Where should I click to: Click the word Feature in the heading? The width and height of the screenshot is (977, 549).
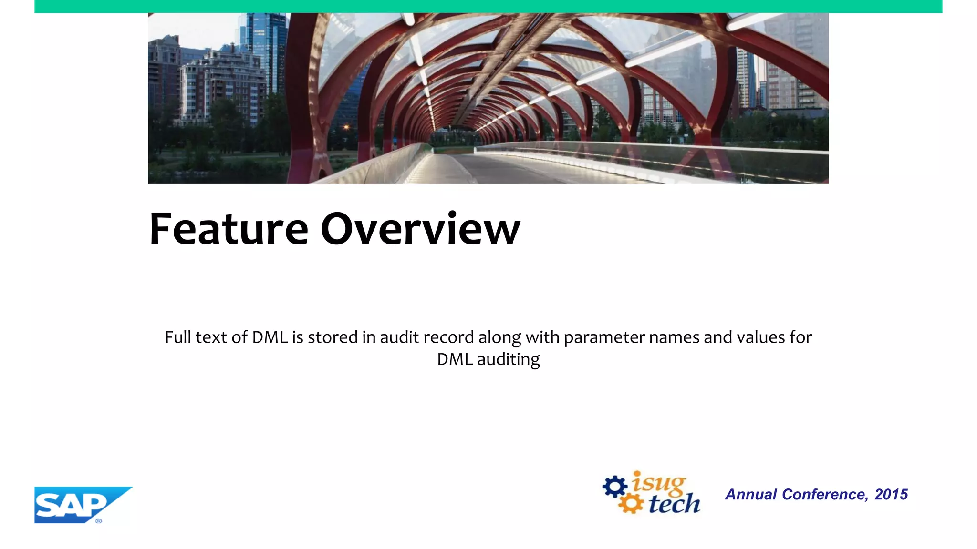tap(229, 230)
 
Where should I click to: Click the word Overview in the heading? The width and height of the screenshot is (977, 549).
tap(420, 230)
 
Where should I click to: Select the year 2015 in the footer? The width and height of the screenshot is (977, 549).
tap(891, 494)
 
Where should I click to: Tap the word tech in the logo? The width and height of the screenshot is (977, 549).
tap(674, 504)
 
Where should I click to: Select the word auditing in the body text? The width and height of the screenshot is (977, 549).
tap(508, 359)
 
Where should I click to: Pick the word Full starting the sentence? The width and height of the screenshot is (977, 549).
tap(178, 337)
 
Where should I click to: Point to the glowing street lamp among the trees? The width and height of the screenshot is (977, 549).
tap(347, 127)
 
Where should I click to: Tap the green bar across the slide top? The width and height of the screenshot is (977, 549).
tap(488, 6)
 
